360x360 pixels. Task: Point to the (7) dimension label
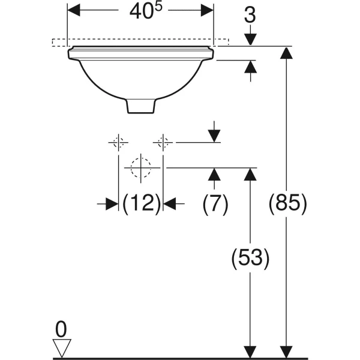[x=215, y=204]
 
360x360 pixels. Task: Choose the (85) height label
[x=287, y=204]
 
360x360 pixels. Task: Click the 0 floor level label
[x=61, y=329]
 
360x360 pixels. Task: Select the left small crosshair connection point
[x=118, y=142]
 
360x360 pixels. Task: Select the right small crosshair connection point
[x=163, y=142]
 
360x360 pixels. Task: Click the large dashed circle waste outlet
[x=140, y=168]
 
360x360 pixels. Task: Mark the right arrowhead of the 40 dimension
[x=207, y=10]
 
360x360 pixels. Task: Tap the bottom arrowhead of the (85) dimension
[x=287, y=352]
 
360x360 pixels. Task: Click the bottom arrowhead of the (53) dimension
[x=250, y=352]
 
